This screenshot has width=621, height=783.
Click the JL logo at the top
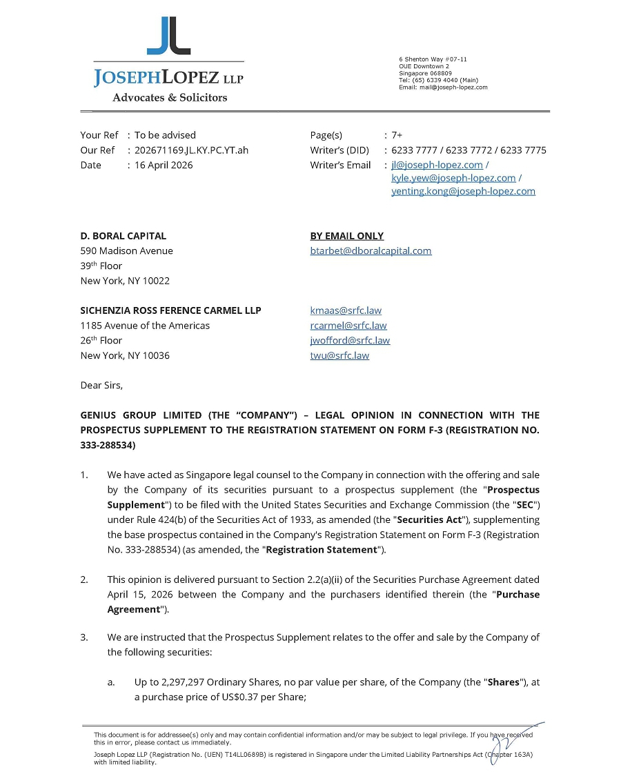168,36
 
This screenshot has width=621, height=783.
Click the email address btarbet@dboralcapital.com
371,251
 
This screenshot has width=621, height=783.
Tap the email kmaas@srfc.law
346,310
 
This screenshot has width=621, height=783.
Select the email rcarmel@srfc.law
348,326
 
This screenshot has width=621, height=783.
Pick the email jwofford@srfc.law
350,341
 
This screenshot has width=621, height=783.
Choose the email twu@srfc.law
339,356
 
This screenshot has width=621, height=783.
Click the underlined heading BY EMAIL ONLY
347,236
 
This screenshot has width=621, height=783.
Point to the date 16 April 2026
164,166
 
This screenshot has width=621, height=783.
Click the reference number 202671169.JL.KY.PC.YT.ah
191,150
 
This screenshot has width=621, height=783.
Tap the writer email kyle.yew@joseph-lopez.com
453,178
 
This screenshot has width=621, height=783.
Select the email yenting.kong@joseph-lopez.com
463,192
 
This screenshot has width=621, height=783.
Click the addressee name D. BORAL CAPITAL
124,236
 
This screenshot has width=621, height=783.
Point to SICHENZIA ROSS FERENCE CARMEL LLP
170,310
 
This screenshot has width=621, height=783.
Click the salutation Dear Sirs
101,386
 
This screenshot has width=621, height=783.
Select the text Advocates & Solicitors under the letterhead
170,98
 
